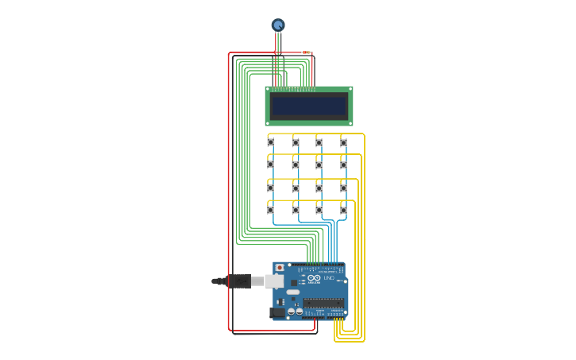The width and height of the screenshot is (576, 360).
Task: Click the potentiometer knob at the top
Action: (x=278, y=25)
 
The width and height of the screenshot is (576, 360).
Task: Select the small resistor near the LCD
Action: (x=306, y=52)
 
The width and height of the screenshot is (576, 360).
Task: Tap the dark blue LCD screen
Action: (x=309, y=106)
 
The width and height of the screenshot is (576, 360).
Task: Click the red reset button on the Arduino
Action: (x=279, y=268)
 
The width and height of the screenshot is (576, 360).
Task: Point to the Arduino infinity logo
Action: (x=314, y=278)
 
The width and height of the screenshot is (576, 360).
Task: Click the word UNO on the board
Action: (x=328, y=278)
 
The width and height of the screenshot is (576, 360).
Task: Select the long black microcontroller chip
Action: (x=324, y=303)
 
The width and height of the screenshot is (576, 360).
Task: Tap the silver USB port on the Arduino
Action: (x=275, y=281)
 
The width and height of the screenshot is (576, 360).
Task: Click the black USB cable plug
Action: (x=238, y=281)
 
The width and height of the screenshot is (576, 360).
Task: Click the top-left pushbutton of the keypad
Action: (x=271, y=142)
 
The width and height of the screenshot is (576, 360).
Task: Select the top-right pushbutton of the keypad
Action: (x=343, y=142)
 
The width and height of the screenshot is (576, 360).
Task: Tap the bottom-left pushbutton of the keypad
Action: (x=271, y=210)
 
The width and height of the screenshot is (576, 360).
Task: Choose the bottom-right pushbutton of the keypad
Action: (x=343, y=210)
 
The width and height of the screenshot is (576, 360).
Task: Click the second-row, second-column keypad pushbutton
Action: (x=296, y=165)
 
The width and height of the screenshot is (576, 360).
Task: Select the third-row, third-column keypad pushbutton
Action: (x=319, y=188)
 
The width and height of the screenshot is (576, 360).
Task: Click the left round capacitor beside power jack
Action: (x=291, y=312)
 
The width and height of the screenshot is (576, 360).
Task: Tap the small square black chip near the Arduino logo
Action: (x=293, y=282)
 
